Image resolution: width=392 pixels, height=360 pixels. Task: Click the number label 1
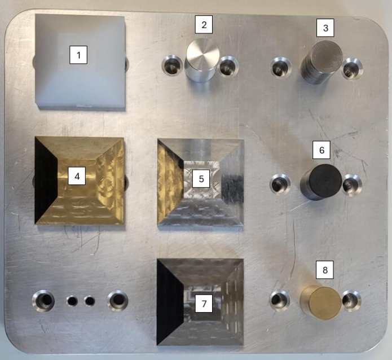(78, 55)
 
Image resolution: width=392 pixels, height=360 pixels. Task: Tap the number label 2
(204, 24)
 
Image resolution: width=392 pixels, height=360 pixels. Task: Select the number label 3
(325, 28)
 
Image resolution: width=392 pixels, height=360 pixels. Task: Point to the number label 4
(77, 176)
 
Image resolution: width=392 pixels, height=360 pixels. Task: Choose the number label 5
(201, 179)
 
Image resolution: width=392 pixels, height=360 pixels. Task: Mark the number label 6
(321, 150)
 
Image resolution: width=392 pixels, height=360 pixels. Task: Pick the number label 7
(204, 304)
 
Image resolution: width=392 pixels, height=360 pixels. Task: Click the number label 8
(325, 270)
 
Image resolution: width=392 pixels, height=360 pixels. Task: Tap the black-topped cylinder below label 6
(321, 182)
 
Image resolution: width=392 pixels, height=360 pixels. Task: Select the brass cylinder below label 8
(321, 303)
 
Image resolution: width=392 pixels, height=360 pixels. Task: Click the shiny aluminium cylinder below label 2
(202, 60)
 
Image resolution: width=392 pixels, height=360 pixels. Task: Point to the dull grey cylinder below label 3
(321, 62)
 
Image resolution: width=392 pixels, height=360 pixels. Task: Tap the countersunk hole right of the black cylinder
(352, 185)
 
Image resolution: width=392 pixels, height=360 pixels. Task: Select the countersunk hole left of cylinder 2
(172, 64)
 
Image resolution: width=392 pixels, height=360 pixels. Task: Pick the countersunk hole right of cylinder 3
(352, 68)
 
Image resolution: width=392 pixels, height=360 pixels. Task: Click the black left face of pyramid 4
(46, 179)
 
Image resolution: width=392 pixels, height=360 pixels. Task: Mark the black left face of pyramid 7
(169, 302)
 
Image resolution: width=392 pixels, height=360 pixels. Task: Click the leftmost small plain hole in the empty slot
(72, 301)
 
